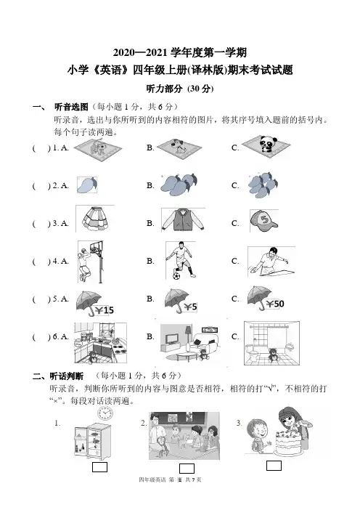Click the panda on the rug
[x=267, y=144]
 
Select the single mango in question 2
[x=87, y=185]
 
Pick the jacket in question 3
[x=183, y=220]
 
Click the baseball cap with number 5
[x=263, y=220]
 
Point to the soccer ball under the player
[x=176, y=275]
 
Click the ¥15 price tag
[x=104, y=310]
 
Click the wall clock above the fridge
[x=105, y=413]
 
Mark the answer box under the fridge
[x=99, y=466]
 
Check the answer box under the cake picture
[x=274, y=466]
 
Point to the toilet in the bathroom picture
[x=251, y=352]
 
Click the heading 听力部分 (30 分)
[x=180, y=89]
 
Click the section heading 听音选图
[x=71, y=106]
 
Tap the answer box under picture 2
[x=187, y=468]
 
